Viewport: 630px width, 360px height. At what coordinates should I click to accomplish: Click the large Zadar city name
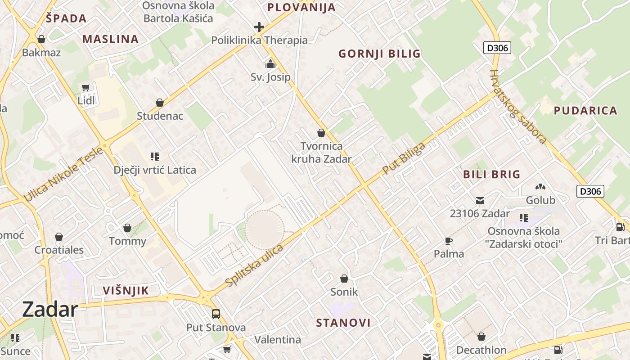pyautogui.click(x=50, y=310)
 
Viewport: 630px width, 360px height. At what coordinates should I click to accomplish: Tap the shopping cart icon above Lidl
pyautogui.click(x=86, y=87)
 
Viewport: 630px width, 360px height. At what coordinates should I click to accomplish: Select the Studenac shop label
pyautogui.click(x=160, y=116)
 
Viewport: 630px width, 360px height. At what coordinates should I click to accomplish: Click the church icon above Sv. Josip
pyautogui.click(x=270, y=64)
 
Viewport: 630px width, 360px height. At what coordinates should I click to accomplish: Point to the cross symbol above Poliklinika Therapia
pyautogui.click(x=259, y=27)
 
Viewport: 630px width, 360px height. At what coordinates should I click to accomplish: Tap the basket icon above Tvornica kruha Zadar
pyautogui.click(x=321, y=133)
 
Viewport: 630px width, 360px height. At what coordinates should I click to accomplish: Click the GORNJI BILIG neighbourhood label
pyautogui.click(x=379, y=54)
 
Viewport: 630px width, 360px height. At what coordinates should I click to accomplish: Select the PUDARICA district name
pyautogui.click(x=585, y=111)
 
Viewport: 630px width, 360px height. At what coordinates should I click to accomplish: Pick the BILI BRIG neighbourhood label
pyautogui.click(x=491, y=174)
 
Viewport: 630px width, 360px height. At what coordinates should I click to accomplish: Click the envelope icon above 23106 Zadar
pyautogui.click(x=480, y=200)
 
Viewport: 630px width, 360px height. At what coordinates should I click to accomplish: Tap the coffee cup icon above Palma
pyautogui.click(x=448, y=241)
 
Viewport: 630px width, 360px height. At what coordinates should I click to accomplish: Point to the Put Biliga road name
pyautogui.click(x=404, y=158)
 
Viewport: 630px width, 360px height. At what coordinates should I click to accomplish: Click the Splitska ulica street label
pyautogui.click(x=255, y=265)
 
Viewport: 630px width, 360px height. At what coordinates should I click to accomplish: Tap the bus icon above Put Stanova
pyautogui.click(x=216, y=314)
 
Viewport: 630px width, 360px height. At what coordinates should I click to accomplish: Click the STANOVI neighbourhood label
pyautogui.click(x=343, y=323)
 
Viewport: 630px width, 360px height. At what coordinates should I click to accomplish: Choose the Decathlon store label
pyautogui.click(x=481, y=350)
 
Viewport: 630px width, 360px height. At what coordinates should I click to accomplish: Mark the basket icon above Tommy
pyautogui.click(x=127, y=228)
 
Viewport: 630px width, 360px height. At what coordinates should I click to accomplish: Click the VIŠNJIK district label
pyautogui.click(x=126, y=291)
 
